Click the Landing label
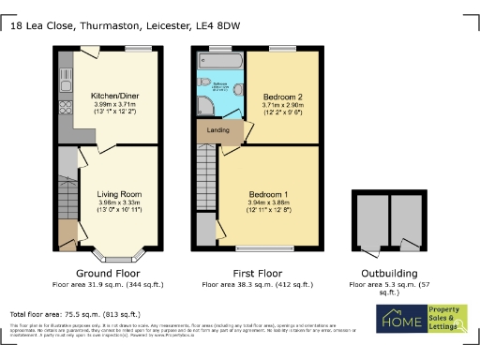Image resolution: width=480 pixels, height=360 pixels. pos(217,130)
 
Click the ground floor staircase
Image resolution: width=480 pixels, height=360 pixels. pos(67,192)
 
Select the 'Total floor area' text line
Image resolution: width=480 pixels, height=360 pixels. pos(75,314)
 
